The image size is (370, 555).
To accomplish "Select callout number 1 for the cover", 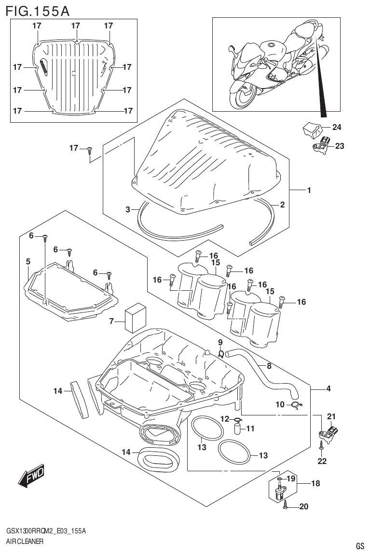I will click(x=309, y=191).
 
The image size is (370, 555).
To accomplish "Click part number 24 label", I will click(x=336, y=128).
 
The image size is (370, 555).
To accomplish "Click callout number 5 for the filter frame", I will click(x=28, y=261).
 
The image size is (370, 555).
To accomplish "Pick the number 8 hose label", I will click(x=269, y=366).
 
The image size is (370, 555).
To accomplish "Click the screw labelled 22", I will click(x=321, y=448).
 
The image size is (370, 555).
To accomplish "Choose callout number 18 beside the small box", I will click(x=315, y=483).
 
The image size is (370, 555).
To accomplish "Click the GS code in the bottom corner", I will click(x=359, y=546).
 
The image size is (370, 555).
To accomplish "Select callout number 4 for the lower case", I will click(x=328, y=388).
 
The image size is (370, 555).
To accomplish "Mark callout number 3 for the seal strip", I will click(x=128, y=209).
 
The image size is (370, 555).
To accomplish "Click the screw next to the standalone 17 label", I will click(x=90, y=151).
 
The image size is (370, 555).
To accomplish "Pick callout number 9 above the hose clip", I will click(x=220, y=342).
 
